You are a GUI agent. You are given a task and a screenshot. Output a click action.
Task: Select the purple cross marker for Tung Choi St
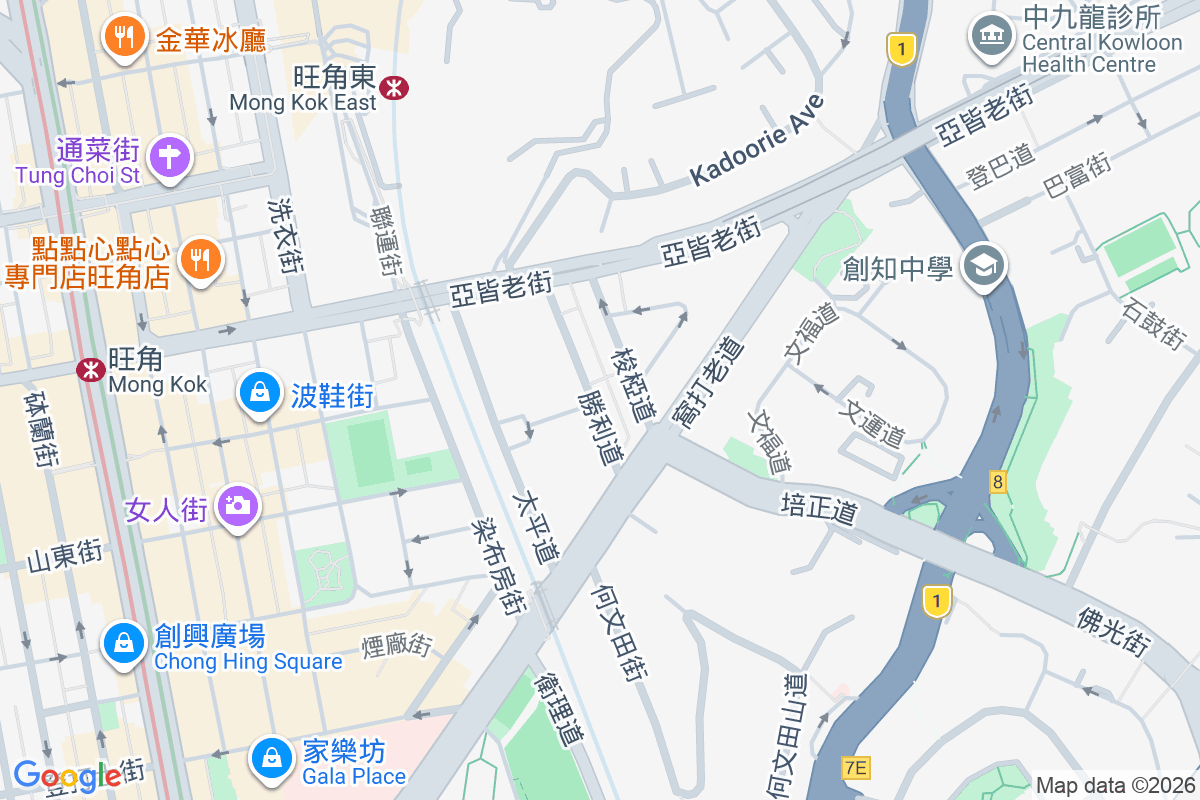[x=170, y=157]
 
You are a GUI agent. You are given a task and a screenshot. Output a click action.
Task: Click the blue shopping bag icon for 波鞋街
[x=260, y=392]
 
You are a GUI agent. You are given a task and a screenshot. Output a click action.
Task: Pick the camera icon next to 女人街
[x=238, y=506]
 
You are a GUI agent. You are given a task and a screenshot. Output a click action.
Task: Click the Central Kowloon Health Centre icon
[x=990, y=37]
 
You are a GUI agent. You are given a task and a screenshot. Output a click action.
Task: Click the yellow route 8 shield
[x=997, y=482]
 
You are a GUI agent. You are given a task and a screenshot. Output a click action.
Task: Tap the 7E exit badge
[x=856, y=768]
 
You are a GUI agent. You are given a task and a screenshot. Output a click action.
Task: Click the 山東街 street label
[x=65, y=556]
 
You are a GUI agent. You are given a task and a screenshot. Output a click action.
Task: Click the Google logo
[x=66, y=775]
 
